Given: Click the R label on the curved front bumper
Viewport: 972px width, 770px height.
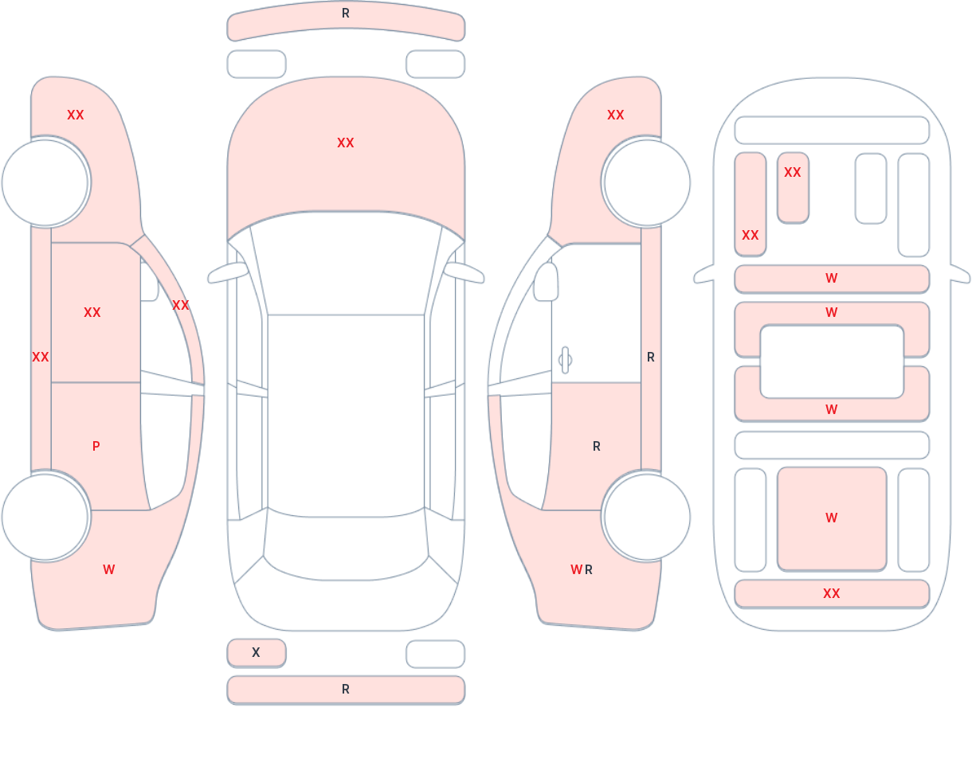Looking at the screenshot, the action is point(346,14).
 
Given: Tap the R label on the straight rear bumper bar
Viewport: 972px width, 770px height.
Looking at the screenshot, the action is point(346,690).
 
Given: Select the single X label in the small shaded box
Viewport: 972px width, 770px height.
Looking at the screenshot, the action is point(256,652).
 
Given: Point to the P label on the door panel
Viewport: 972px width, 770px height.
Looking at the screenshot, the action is point(96,447).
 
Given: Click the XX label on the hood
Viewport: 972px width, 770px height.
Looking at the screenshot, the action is point(346,143).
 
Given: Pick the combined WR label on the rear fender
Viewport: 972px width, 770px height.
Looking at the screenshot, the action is point(582,569).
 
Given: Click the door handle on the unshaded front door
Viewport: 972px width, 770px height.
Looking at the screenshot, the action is point(565,360).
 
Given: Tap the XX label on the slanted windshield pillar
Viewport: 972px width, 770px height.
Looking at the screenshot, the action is point(181,305).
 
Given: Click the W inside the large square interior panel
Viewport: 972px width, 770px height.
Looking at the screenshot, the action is point(832,518).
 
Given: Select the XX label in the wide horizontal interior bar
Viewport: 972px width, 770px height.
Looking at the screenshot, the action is point(832,593).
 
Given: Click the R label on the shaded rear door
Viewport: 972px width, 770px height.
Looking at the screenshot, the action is point(597,447).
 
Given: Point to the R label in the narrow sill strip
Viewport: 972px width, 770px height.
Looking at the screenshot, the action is point(651,358).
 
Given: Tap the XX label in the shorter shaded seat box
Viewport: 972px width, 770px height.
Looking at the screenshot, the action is point(793,173).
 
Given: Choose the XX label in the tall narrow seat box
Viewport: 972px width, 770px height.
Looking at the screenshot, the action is point(751,235).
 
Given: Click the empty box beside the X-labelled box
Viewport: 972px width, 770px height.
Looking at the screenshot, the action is point(436,654).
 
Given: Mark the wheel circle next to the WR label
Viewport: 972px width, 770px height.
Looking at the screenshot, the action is point(647,517).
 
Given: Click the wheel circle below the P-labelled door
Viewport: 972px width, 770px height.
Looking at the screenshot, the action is point(45,517).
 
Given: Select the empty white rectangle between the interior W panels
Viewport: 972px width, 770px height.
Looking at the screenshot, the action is point(832,362).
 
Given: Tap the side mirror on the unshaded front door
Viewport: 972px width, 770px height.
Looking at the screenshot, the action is point(546,282).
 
